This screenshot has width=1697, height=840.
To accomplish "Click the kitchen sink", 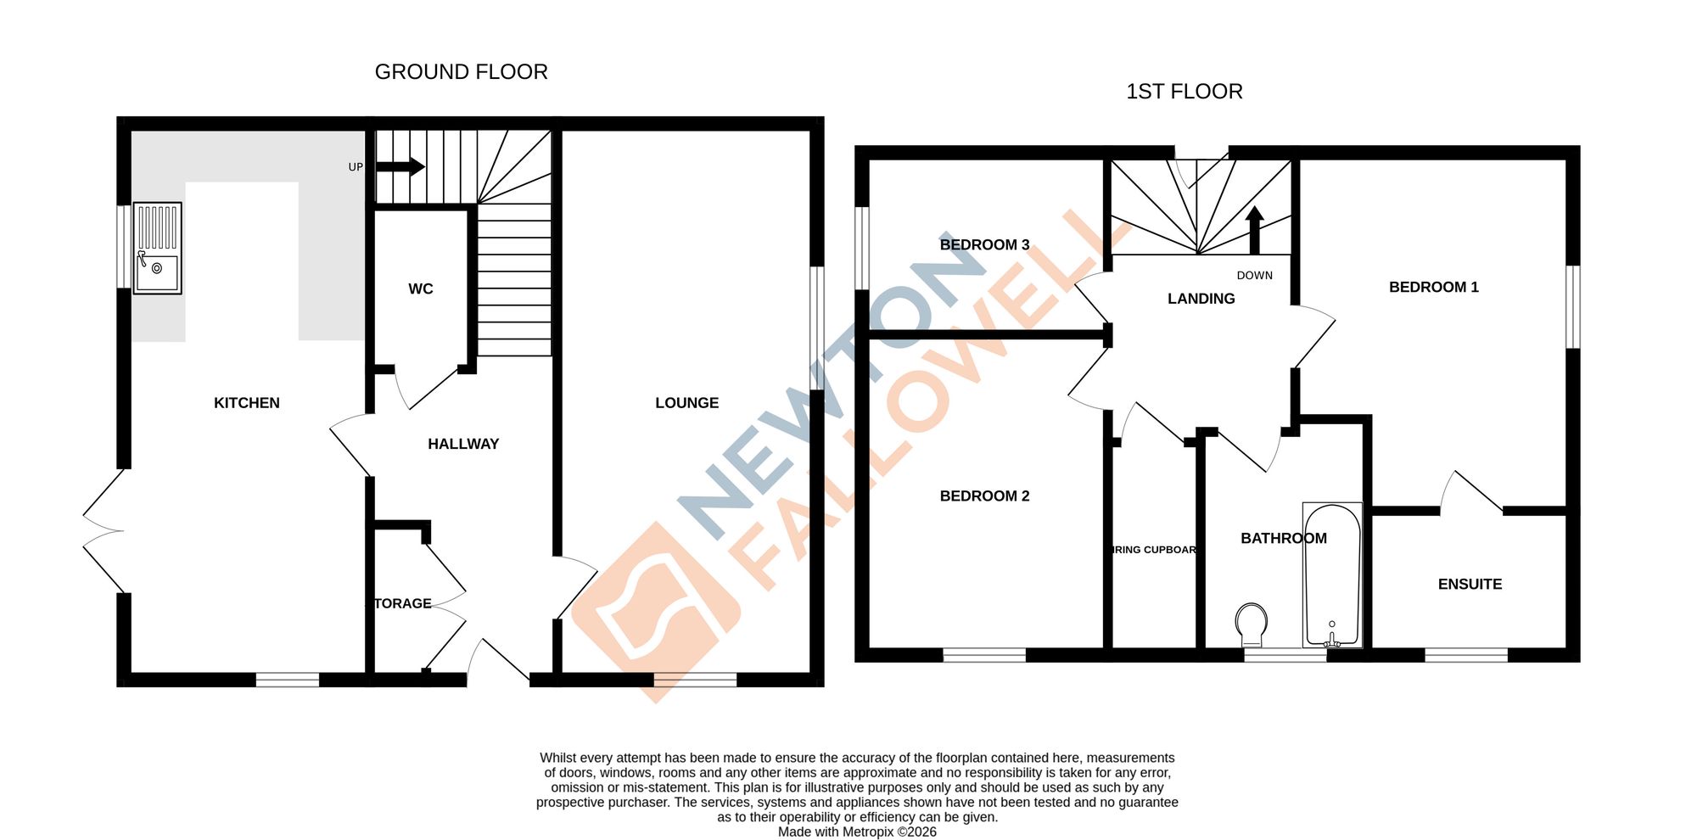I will tap(158, 249).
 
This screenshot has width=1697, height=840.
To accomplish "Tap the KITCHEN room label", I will tap(247, 403).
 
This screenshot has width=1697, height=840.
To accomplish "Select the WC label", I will tap(421, 289).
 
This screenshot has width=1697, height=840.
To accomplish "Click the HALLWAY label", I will tap(463, 444).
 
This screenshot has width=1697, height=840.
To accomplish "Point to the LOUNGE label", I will tap(686, 403).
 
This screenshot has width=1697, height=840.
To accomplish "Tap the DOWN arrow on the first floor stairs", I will tap(1254, 230).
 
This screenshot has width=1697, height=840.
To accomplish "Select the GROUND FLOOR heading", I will tap(462, 72).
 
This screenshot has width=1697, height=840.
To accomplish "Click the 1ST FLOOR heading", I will tap(1184, 92).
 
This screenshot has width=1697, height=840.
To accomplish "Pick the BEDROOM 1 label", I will tap(1433, 288).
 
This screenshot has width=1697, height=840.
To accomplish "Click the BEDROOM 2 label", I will tap(984, 496).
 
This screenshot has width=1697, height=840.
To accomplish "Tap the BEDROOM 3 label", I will tap(984, 245).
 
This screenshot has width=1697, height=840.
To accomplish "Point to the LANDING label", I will tap(1201, 299).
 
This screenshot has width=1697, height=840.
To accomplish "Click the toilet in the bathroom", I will tap(1252, 624).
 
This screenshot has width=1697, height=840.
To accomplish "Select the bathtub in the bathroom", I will tap(1332, 575).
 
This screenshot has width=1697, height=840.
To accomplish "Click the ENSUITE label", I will tap(1470, 585).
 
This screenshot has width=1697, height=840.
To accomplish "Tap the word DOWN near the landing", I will tap(1254, 276).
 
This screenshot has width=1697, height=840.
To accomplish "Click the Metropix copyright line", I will tap(857, 832).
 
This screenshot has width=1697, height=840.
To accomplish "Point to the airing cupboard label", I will tap(1154, 550).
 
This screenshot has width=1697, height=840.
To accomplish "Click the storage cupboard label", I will tap(403, 603).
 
